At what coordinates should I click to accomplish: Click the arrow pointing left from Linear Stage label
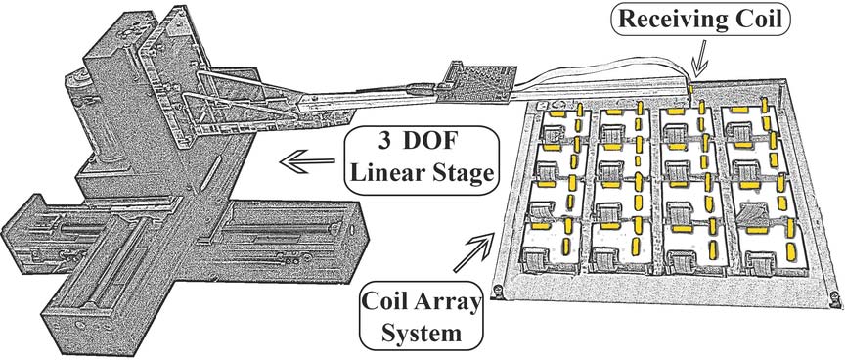click(307, 160)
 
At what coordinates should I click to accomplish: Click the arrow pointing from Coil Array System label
click(473, 252)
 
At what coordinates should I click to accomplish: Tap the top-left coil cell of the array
click(563, 125)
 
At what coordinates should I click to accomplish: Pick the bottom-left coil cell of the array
click(552, 247)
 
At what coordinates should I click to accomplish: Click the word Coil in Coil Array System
click(385, 303)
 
